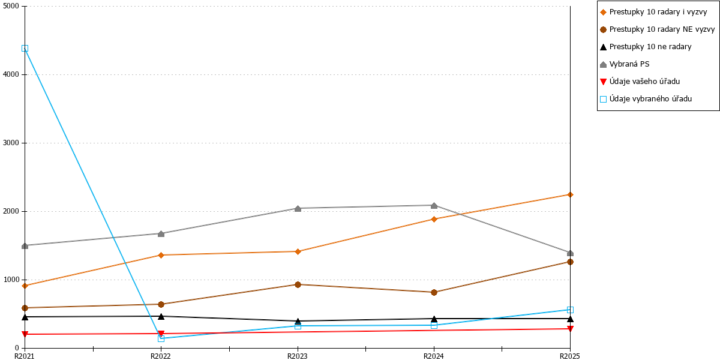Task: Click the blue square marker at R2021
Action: pyautogui.click(x=25, y=49)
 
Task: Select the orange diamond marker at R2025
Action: pyautogui.click(x=570, y=195)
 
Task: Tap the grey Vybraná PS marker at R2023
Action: pyautogui.click(x=298, y=209)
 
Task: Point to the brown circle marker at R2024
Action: pyautogui.click(x=434, y=293)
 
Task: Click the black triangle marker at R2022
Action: pyautogui.click(x=161, y=317)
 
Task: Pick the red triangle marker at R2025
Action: pyautogui.click(x=570, y=329)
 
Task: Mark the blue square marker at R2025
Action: pyautogui.click(x=570, y=310)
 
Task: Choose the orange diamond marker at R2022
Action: pyautogui.click(x=161, y=255)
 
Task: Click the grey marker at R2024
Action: pyautogui.click(x=434, y=205)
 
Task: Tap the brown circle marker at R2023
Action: pyautogui.click(x=298, y=284)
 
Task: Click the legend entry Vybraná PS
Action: pyautogui.click(x=625, y=64)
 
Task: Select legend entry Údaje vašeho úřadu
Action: pyautogui.click(x=640, y=82)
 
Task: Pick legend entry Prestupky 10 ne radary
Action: pyautogui.click(x=646, y=47)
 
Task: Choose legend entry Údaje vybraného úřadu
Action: pyautogui.click(x=646, y=99)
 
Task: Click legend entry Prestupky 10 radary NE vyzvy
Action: pyautogui.click(x=658, y=29)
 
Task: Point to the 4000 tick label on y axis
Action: pyautogui.click(x=11, y=74)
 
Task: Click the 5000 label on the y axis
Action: pyautogui.click(x=11, y=6)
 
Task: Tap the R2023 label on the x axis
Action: pyautogui.click(x=298, y=356)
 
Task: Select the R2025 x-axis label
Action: pyautogui.click(x=570, y=356)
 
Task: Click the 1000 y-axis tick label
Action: pyautogui.click(x=11, y=280)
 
